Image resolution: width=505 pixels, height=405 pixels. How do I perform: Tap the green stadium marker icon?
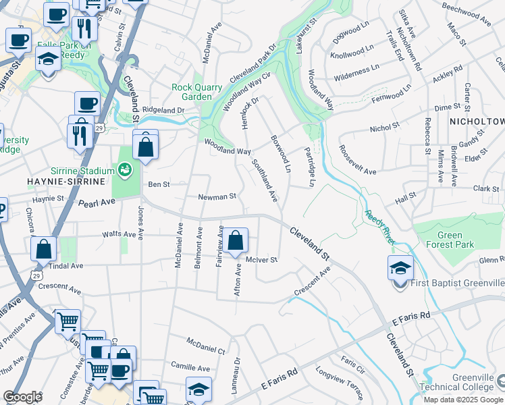point(125,169)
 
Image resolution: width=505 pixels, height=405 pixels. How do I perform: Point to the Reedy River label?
point(380,222)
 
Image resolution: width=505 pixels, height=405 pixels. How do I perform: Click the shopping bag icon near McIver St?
point(236,240)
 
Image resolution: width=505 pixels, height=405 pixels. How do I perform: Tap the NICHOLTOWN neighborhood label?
point(477,122)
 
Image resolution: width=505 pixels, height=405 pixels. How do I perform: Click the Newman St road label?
point(217,197)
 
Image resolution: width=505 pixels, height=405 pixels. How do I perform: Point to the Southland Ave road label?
point(265,180)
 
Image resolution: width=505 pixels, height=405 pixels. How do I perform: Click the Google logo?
point(22,397)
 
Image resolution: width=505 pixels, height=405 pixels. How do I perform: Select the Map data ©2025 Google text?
point(462,400)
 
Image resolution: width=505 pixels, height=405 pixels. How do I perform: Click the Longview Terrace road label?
point(340,382)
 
